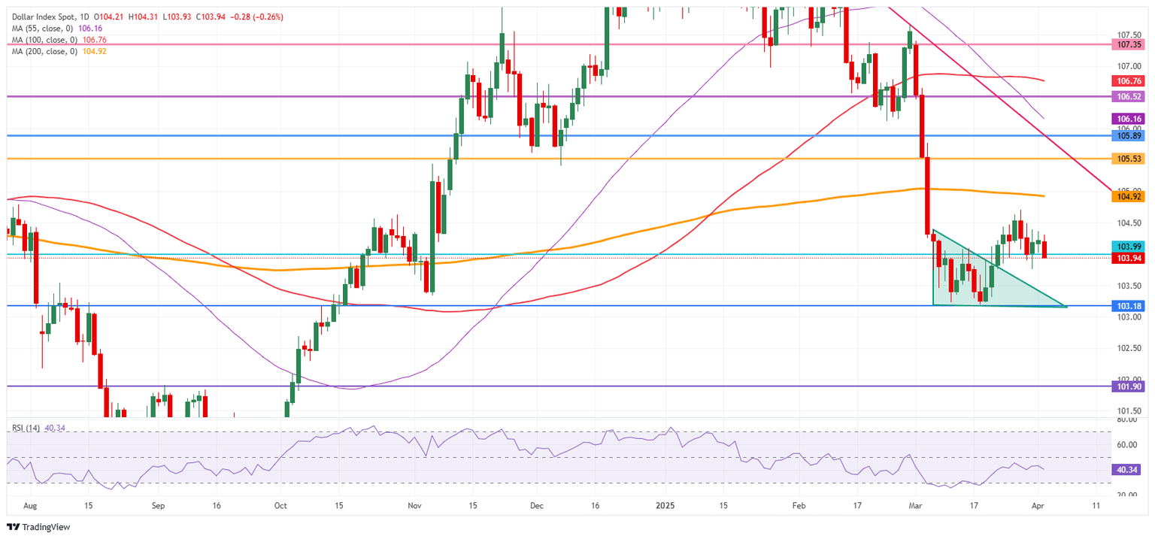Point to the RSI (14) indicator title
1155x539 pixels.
(26, 428)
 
